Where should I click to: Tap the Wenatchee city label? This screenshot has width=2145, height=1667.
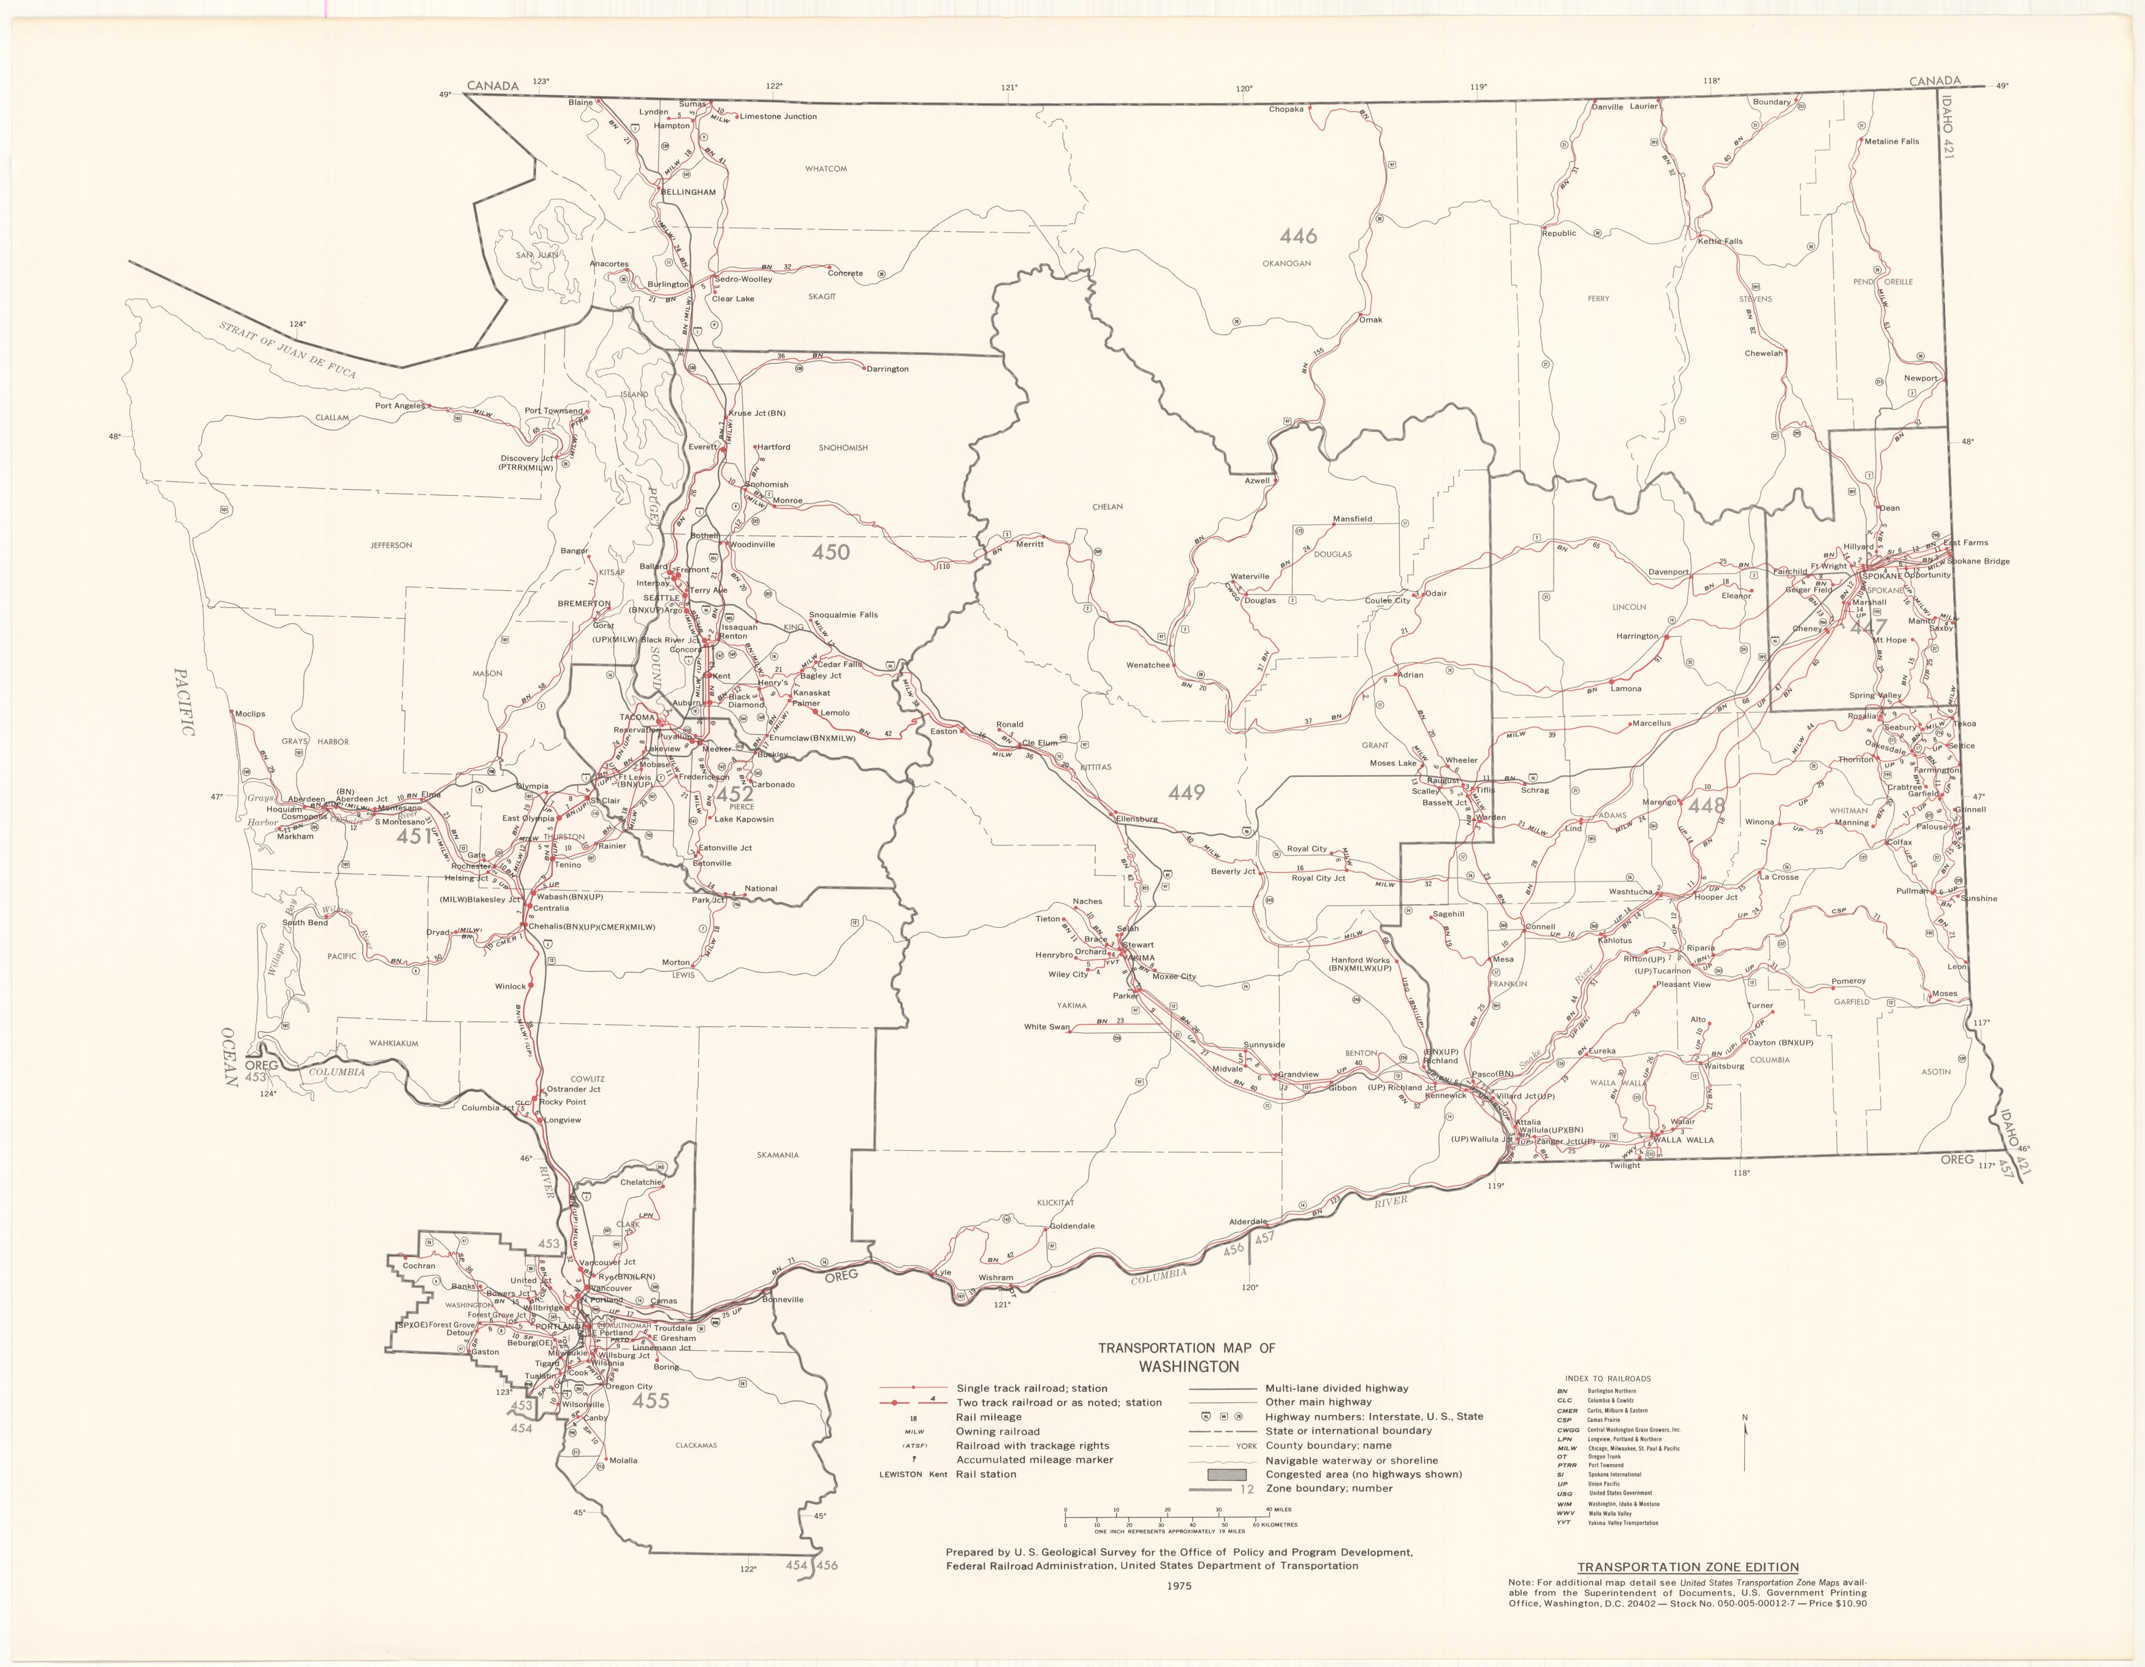tap(1147, 665)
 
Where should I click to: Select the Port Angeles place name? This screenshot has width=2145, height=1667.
tap(399, 406)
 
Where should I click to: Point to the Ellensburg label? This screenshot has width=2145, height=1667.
tap(1136, 818)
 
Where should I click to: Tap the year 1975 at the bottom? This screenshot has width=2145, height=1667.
tap(1180, 1585)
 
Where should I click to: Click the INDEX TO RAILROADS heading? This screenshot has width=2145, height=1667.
tap(1608, 1378)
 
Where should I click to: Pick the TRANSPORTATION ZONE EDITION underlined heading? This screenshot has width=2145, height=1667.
tap(1687, 1567)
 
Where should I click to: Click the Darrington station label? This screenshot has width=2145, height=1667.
tap(886, 369)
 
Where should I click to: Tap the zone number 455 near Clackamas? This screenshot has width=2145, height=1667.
tap(650, 1401)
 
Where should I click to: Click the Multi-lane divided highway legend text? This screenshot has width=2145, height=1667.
tap(1337, 1388)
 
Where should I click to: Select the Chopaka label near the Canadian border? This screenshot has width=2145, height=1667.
tap(1286, 109)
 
